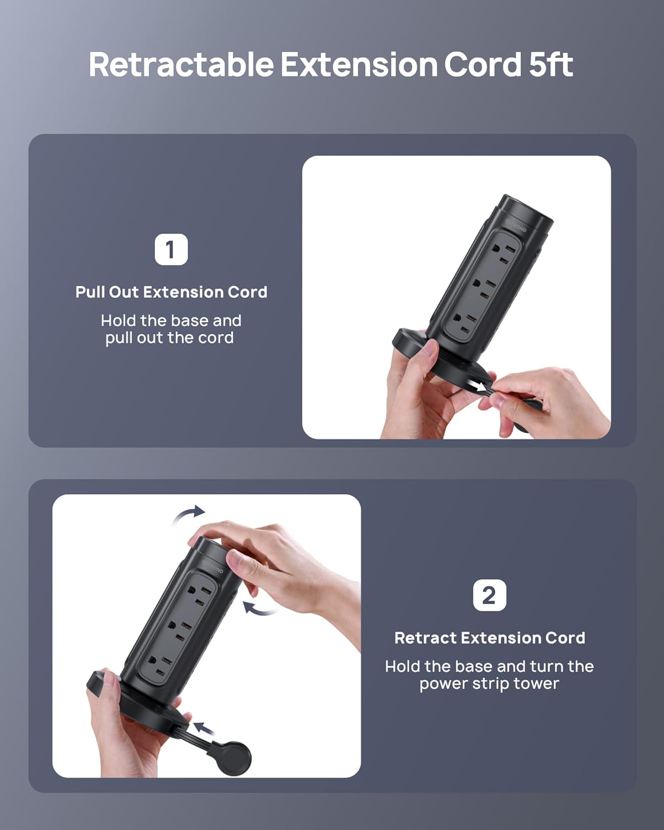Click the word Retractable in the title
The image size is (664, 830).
181,64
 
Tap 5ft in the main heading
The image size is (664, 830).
551,64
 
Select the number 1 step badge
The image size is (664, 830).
172,249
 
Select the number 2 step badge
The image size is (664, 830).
489,595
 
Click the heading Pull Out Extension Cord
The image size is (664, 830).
172,292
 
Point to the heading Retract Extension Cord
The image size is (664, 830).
490,638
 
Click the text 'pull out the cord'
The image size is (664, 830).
169,338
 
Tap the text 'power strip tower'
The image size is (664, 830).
489,684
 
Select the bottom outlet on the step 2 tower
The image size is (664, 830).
161,665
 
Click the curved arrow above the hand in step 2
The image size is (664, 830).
189,513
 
